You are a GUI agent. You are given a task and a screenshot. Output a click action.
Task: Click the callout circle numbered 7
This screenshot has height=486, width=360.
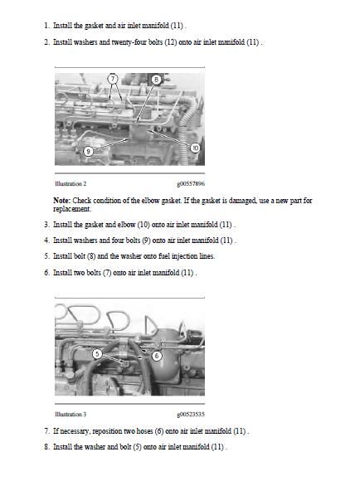click(x=113, y=78)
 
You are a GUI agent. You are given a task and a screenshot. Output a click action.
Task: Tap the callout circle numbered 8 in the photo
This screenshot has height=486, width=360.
click(x=156, y=78)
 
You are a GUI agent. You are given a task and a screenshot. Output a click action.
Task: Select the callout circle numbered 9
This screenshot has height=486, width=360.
click(x=89, y=151)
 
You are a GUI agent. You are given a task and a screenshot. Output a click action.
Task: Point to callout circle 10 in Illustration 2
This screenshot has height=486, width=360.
click(x=195, y=148)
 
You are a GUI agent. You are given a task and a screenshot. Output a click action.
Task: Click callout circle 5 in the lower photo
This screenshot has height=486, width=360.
click(x=97, y=352)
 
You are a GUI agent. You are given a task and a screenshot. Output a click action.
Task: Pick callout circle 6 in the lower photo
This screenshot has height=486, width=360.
click(x=157, y=355)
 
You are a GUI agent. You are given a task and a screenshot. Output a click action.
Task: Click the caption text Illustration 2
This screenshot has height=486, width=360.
click(x=71, y=183)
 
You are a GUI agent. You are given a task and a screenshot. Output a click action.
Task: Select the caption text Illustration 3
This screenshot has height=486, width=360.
click(x=71, y=414)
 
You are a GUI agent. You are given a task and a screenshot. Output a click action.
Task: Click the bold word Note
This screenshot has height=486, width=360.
click(x=61, y=200)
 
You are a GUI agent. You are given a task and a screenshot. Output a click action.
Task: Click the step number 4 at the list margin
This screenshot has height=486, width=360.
click(x=46, y=241)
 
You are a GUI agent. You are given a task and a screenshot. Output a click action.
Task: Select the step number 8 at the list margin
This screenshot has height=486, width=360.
click(x=46, y=447)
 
